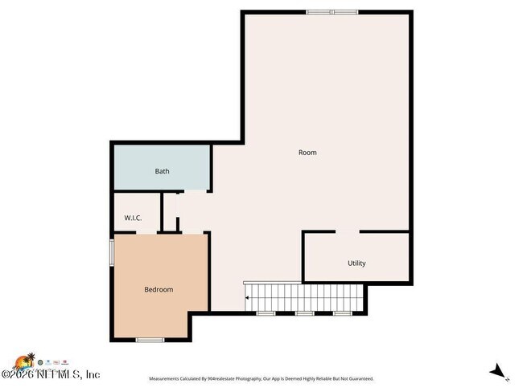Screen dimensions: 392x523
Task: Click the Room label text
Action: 307,153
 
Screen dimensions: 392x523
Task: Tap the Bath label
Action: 163,171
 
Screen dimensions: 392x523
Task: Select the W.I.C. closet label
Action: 134,218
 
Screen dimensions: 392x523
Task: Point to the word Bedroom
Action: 159,290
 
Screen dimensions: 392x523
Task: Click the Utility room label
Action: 356,263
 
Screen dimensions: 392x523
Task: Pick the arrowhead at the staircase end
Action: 247,298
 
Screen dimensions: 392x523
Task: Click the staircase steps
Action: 304,297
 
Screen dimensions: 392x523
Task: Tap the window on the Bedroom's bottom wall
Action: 150,341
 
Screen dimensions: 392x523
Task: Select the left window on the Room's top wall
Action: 319,11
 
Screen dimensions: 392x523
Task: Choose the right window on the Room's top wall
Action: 346,11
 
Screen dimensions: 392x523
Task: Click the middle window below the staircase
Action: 304,312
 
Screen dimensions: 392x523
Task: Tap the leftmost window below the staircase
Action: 266,312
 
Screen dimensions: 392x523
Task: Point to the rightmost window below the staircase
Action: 343,312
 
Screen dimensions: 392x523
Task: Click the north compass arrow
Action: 499,371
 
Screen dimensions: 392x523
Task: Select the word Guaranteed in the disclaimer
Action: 359,379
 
